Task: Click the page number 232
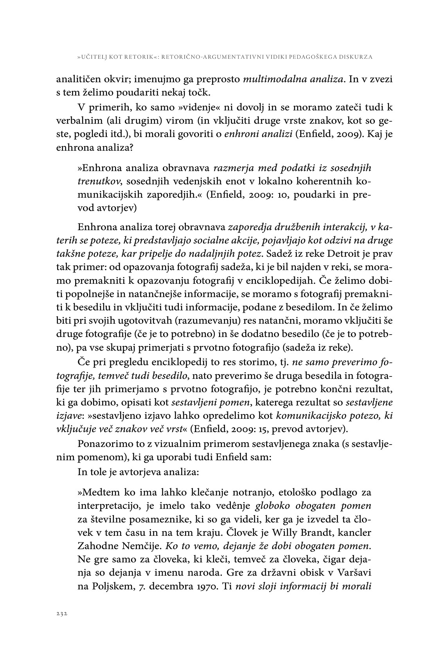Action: click(x=62, y=614)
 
